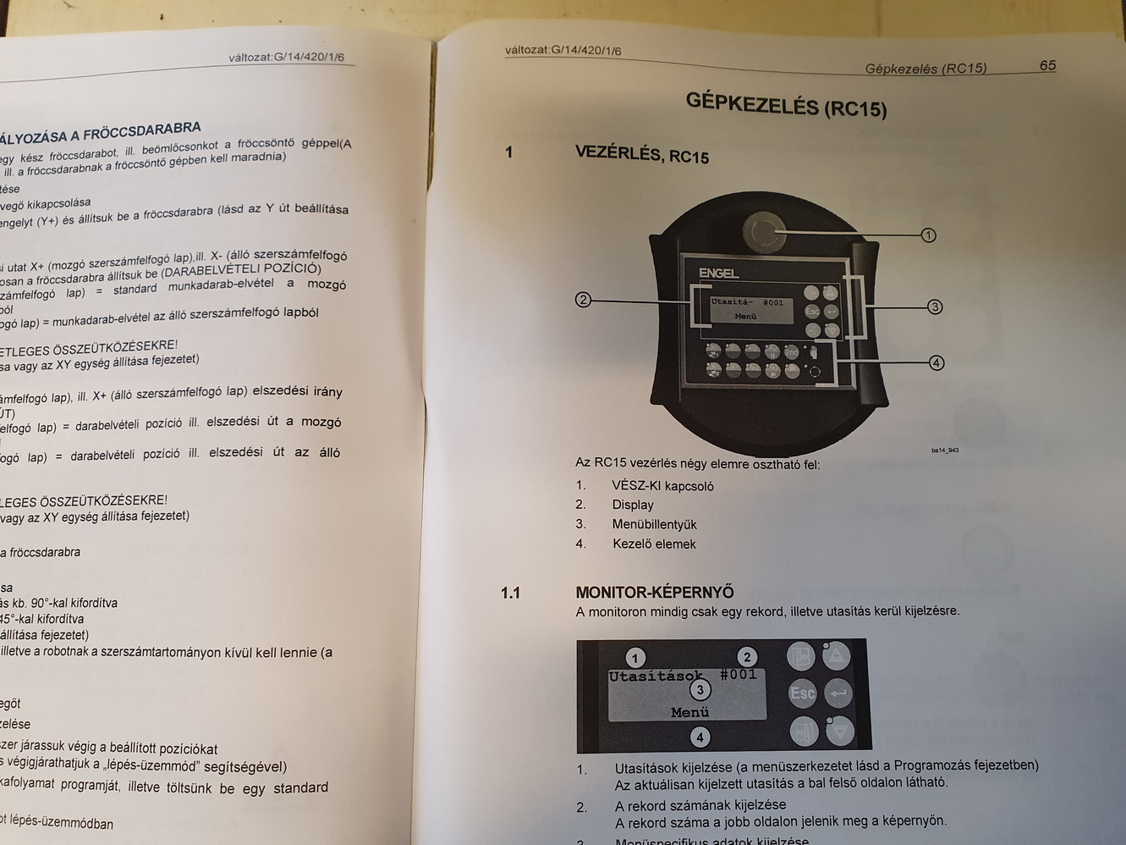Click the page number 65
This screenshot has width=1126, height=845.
pos(1047,65)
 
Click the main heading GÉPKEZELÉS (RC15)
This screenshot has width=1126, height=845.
pos(786,104)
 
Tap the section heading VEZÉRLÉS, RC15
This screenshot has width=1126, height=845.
pos(642,154)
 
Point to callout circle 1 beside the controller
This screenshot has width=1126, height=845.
pos(928,235)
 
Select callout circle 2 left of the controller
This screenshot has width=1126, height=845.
pos(582,299)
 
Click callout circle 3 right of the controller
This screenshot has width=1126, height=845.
pos(935,307)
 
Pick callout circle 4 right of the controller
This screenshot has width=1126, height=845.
pos(936,362)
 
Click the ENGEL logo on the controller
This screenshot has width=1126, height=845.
pos(718,273)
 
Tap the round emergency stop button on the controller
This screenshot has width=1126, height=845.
pos(762,231)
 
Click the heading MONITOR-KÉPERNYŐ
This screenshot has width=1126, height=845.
pos(655,592)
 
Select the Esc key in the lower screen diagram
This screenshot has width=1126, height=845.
pos(802,693)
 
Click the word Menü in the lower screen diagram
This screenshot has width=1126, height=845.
pos(689,713)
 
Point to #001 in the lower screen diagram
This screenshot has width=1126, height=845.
pos(738,675)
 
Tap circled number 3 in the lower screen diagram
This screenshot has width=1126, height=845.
pos(700,689)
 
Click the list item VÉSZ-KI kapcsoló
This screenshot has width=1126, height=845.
pos(662,486)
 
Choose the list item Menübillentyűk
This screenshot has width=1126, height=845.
pos(654,524)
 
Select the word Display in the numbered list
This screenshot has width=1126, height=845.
pos(633,505)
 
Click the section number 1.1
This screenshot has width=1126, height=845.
pos(510,593)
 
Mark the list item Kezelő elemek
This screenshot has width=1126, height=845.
pos(654,544)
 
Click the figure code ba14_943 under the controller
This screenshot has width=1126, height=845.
pos(944,450)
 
